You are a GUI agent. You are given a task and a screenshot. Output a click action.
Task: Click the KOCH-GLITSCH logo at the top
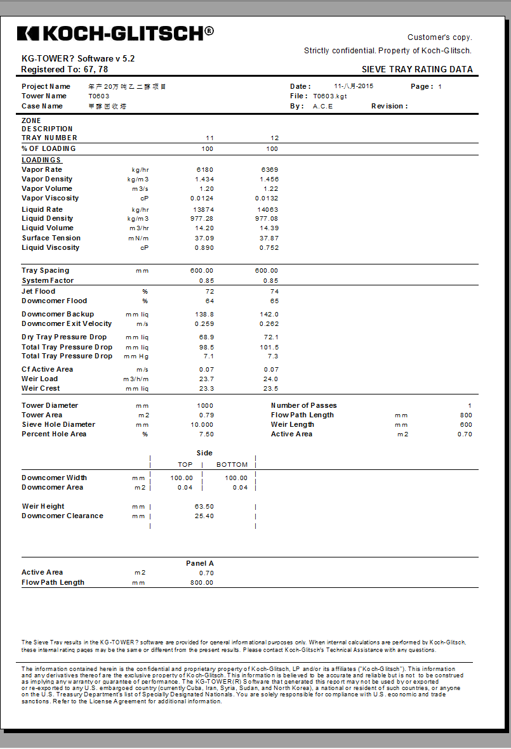pyautogui.click(x=115, y=33)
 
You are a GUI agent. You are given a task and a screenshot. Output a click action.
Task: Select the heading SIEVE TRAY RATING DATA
pyautogui.click(x=417, y=70)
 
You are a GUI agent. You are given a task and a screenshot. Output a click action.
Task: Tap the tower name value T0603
pyautogui.click(x=99, y=96)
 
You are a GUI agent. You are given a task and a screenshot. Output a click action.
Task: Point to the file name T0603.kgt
pyautogui.click(x=330, y=96)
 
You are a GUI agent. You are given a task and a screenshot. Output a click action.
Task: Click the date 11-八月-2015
pyautogui.click(x=354, y=86)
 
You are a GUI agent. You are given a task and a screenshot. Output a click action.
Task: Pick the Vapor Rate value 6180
pyautogui.click(x=205, y=170)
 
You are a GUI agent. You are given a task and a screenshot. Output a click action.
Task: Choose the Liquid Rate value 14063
pyautogui.click(x=270, y=209)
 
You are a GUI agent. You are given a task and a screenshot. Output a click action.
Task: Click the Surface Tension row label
pyautogui.click(x=51, y=238)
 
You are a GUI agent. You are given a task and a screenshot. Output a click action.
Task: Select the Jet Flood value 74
pyautogui.click(x=274, y=292)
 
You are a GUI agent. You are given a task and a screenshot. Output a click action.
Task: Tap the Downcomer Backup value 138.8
pyautogui.click(x=204, y=315)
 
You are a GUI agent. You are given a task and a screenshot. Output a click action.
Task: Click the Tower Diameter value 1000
pyautogui.click(x=205, y=406)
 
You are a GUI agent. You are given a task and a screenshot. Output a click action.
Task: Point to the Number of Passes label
pyautogui.click(x=304, y=406)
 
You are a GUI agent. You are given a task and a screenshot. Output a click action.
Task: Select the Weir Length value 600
pyautogui.click(x=466, y=425)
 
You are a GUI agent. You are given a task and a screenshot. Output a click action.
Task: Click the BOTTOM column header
pyautogui.click(x=232, y=465)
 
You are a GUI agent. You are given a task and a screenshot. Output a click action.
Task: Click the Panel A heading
pyautogui.click(x=200, y=563)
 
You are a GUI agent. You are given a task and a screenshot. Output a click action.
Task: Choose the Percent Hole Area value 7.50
pyautogui.click(x=206, y=434)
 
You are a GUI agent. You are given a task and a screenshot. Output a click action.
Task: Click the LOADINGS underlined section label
pyautogui.click(x=42, y=160)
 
